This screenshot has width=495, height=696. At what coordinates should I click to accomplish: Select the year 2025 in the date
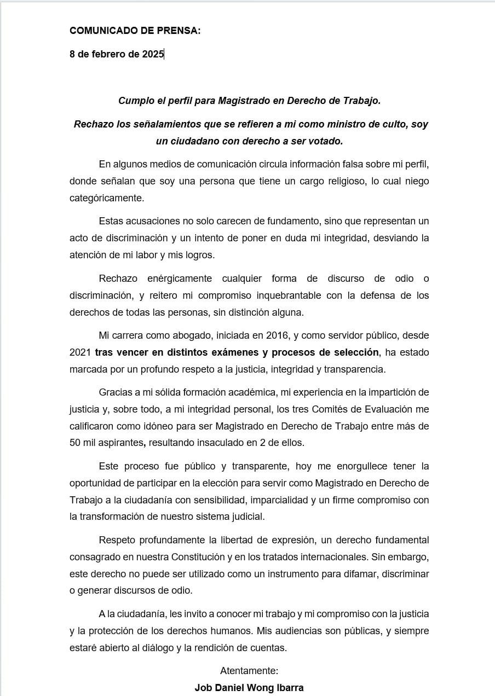[153, 54]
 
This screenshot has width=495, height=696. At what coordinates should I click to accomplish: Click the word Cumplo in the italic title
[134, 101]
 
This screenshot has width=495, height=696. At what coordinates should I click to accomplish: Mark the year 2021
[80, 352]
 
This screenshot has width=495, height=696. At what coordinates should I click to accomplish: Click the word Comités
[292, 409]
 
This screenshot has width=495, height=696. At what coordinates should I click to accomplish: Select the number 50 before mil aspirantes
[75, 442]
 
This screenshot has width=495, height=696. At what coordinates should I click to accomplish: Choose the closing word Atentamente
[249, 670]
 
